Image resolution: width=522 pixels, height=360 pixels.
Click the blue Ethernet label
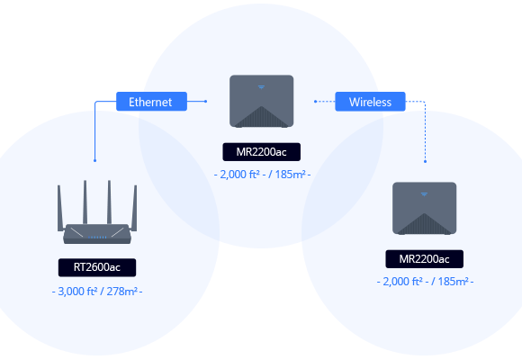151,102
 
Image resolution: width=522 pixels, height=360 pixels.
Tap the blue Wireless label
370,102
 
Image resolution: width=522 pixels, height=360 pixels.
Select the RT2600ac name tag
97,267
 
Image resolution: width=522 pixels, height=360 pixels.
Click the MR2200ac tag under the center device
262,152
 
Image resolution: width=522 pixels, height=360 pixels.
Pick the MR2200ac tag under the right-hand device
425,259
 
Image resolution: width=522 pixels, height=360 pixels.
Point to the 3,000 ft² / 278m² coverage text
97,292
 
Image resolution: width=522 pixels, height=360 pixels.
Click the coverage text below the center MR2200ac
262,175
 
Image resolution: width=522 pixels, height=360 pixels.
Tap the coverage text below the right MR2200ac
425,282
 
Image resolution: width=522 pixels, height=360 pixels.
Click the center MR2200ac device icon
262,101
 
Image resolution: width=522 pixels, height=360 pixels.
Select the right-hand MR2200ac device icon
425,208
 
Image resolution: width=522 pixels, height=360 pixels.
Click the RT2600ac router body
97,233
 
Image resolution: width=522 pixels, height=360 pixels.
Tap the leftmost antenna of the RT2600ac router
60,208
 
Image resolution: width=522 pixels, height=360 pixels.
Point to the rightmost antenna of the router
134,208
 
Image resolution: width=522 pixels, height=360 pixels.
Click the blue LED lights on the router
97,238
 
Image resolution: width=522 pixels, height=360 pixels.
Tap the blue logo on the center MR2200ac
261,87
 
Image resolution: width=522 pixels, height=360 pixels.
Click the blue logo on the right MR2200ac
424,194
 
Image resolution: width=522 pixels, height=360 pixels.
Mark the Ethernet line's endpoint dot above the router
94,160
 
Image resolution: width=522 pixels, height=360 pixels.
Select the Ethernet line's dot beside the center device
206,101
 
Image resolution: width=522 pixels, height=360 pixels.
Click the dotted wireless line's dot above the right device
425,161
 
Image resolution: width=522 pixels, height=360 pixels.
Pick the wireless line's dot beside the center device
315,101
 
